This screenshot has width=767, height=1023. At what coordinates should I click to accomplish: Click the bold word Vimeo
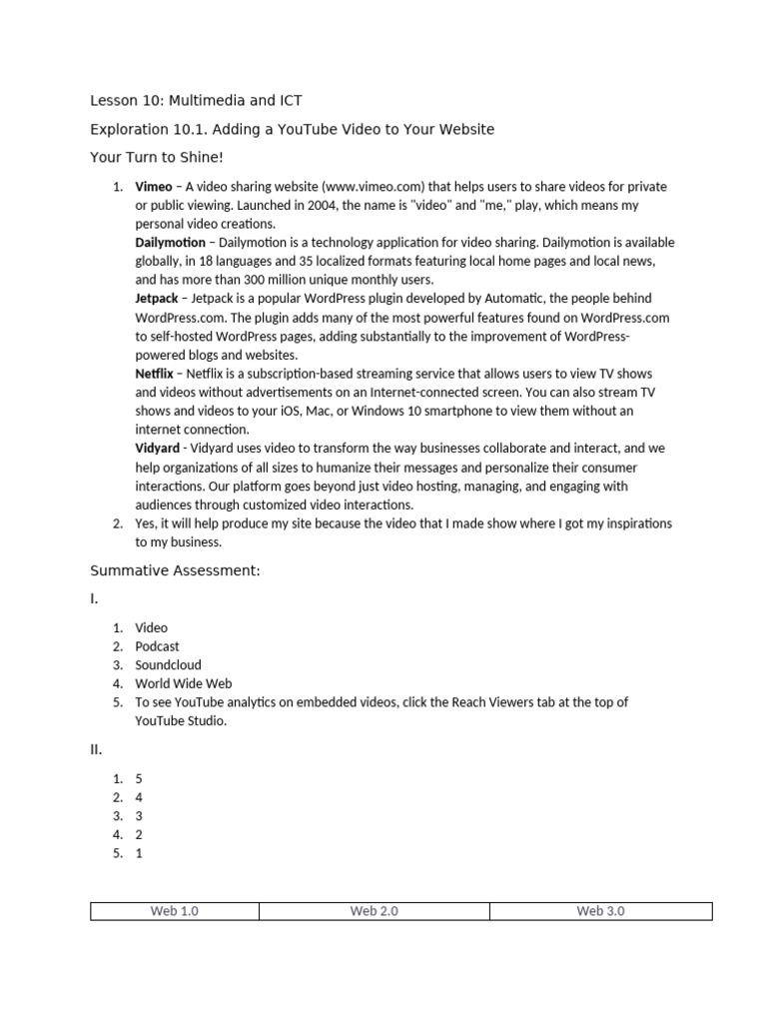154,187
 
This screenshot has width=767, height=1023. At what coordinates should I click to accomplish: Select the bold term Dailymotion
170,243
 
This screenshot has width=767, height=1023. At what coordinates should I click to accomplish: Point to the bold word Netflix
154,374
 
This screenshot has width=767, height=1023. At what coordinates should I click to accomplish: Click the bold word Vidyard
158,449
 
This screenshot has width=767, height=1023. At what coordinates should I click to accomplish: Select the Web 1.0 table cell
175,911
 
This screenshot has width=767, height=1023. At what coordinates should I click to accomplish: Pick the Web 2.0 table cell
375,911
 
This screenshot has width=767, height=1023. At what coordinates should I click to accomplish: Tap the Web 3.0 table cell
600,911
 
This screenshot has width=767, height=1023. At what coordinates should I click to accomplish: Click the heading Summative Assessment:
175,570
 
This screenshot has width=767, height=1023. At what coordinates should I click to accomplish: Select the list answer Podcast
158,646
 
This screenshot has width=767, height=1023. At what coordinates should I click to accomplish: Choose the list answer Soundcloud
169,665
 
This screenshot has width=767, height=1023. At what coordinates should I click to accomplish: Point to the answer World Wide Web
184,684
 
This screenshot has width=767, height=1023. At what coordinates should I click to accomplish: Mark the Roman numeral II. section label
96,749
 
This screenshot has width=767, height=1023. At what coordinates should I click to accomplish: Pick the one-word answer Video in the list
152,628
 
